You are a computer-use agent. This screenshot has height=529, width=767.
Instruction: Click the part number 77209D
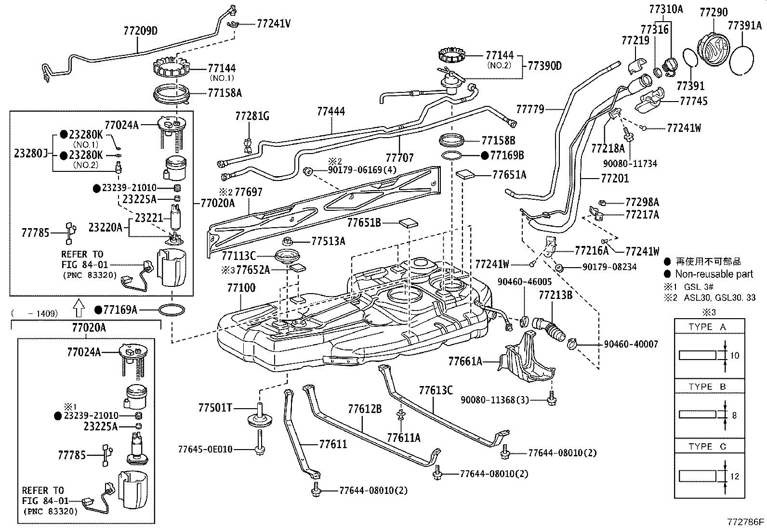(x=141, y=32)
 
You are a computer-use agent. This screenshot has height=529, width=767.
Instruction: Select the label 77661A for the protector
(x=465, y=361)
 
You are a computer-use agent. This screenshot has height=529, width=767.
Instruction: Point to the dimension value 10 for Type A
(x=735, y=356)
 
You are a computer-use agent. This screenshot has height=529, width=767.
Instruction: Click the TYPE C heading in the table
(x=707, y=447)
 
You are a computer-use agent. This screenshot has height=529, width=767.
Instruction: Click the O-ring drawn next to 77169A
(x=172, y=310)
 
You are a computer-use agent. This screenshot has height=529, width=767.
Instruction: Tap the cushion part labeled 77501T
(x=260, y=417)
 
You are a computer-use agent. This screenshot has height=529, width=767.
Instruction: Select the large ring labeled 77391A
(x=742, y=60)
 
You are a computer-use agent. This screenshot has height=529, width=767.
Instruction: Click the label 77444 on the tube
(x=331, y=112)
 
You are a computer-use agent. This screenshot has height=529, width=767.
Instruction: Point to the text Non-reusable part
(x=714, y=274)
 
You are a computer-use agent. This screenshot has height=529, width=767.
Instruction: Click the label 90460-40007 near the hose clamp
(x=631, y=345)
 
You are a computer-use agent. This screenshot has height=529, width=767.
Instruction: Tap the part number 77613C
(x=436, y=390)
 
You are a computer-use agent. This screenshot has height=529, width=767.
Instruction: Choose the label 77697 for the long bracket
(x=249, y=193)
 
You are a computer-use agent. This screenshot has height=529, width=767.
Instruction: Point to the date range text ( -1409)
(x=35, y=314)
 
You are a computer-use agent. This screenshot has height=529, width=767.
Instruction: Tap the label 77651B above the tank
(x=364, y=222)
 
